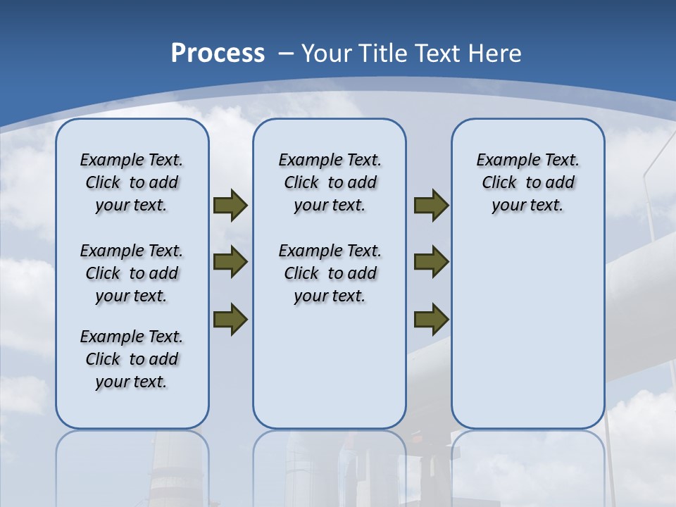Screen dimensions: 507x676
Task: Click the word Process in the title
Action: [x=218, y=54]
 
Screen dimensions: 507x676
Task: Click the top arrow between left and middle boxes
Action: [x=230, y=206]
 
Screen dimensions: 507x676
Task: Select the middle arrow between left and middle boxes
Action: [x=230, y=262]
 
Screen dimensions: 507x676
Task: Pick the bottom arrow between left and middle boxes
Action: [x=230, y=319]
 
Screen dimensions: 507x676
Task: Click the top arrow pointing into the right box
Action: [x=431, y=206]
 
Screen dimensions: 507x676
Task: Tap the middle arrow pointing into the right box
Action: [x=431, y=262]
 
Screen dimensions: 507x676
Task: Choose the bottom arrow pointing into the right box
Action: [x=431, y=319]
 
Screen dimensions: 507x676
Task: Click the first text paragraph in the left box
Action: [x=132, y=182]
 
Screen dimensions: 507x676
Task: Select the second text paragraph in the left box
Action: [x=132, y=273]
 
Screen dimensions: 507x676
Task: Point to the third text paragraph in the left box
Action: [x=132, y=359]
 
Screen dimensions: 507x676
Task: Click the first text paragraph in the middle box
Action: [x=330, y=182]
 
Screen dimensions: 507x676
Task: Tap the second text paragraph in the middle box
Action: [x=330, y=273]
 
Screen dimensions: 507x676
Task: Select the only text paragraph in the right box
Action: [x=527, y=182]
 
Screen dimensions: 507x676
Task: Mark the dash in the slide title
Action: [x=286, y=54]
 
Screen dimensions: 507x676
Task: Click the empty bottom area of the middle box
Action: [x=330, y=373]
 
